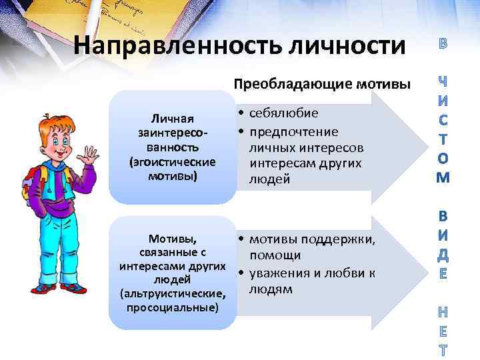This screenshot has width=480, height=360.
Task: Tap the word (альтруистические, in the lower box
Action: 172,293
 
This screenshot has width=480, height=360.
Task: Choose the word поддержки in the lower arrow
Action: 341,240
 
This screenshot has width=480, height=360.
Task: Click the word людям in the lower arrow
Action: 271,289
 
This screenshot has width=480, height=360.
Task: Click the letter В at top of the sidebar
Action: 443,46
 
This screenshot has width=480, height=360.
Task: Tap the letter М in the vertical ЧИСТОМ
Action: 443,177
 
